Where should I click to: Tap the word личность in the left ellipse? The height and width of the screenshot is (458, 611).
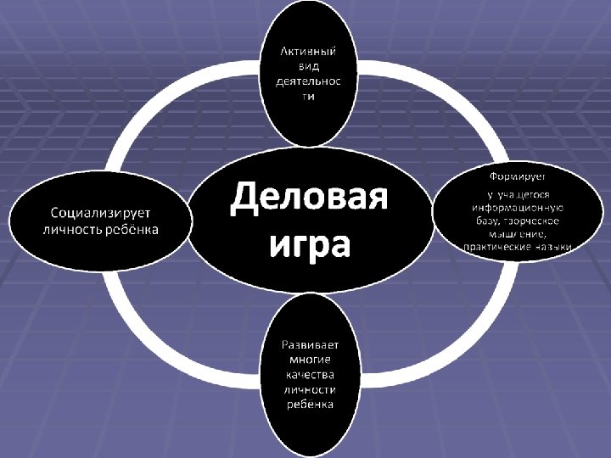(73, 229)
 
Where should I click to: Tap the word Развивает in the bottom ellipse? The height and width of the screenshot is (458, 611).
(309, 343)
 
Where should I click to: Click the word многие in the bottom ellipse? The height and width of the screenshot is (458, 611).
(309, 359)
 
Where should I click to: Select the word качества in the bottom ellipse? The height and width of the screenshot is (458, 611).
(309, 374)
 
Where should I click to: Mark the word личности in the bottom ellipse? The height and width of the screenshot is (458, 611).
(309, 389)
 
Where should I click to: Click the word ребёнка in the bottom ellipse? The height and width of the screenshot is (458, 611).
(309, 405)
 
